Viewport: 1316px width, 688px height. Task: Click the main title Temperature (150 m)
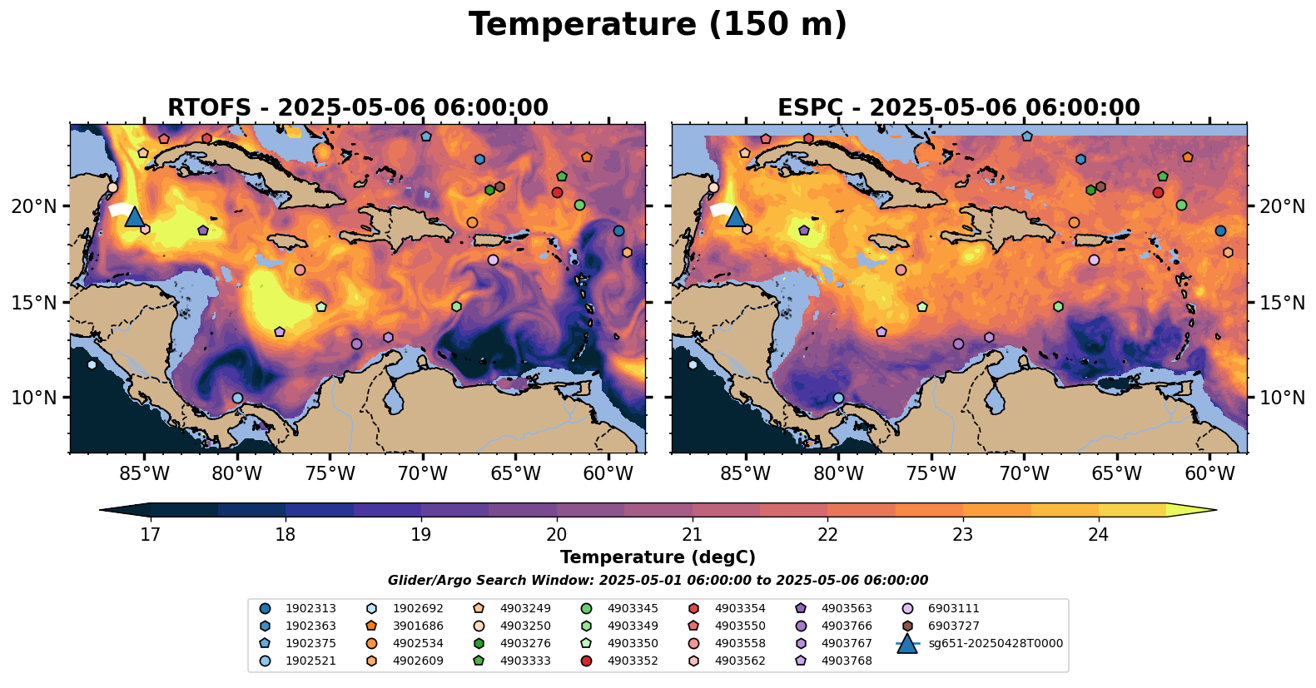658,25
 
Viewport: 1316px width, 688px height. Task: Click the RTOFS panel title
358,108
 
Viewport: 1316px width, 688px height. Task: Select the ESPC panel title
959,108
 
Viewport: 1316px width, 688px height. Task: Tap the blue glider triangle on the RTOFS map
135,217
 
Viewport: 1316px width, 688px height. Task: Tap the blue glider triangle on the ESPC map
735,217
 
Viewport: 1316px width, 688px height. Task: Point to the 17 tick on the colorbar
150,534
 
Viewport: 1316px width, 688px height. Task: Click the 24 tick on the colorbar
1099,534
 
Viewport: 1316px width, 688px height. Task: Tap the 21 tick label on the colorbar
692,534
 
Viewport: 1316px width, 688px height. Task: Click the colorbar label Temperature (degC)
658,557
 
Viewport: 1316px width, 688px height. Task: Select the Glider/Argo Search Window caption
658,581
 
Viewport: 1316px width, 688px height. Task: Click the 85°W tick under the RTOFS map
144,474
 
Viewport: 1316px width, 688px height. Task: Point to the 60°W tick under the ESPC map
1209,474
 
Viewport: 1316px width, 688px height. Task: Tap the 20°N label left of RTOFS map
34,206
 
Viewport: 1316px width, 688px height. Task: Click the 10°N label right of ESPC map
1282,398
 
